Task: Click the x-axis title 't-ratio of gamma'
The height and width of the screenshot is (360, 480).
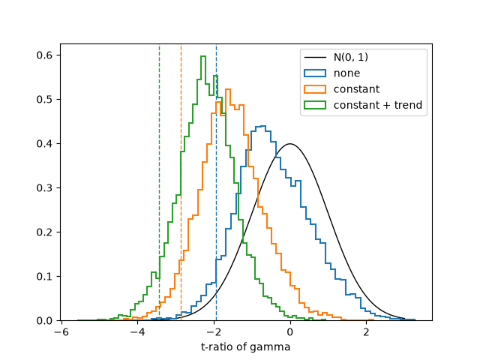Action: (245, 346)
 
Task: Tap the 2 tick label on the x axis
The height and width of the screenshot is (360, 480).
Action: (366, 332)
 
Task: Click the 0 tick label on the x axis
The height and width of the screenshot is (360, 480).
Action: (290, 332)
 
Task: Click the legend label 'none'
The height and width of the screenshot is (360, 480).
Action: (346, 73)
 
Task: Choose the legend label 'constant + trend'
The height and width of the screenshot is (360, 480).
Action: (378, 105)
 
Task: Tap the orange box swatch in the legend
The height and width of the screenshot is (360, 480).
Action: (315, 89)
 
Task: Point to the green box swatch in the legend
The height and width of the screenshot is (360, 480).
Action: (315, 105)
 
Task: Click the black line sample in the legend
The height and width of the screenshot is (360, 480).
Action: (315, 57)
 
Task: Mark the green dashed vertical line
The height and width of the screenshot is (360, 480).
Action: (159, 182)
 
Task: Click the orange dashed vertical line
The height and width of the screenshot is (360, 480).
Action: (181, 182)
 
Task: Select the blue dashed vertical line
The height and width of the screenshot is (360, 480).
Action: (216, 182)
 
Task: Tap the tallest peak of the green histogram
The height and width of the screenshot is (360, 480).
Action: (203, 56)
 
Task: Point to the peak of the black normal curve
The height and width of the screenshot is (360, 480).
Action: (290, 143)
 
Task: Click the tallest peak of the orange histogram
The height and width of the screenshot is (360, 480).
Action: (227, 89)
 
